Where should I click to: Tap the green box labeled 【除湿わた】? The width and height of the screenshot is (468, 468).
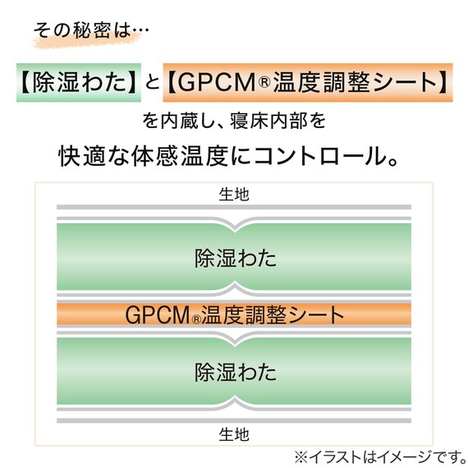pos(79,83)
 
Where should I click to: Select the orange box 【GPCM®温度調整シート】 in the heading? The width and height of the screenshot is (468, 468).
pos(308,83)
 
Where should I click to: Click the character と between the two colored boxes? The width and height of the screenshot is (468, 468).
pos(152,82)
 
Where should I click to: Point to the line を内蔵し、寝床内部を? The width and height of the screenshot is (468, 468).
pos(234,121)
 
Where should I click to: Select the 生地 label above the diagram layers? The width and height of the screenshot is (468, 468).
pos(234,195)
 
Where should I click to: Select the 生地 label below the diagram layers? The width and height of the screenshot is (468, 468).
pos(234,434)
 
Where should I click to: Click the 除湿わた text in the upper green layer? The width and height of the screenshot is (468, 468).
pos(236,258)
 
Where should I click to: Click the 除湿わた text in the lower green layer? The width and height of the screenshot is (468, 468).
pos(236,372)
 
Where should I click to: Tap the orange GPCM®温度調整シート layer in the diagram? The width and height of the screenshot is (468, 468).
pos(234,314)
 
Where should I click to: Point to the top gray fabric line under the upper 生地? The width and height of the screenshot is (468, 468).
pos(234,207)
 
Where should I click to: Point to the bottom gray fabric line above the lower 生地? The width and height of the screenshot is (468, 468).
pos(234,421)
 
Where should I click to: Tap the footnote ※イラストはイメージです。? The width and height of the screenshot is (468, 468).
pos(380,457)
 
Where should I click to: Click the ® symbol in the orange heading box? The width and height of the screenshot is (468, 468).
pos(264,82)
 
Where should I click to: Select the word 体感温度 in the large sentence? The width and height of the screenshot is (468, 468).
pos(180,156)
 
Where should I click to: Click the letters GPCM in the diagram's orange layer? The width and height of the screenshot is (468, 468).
pos(158,315)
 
